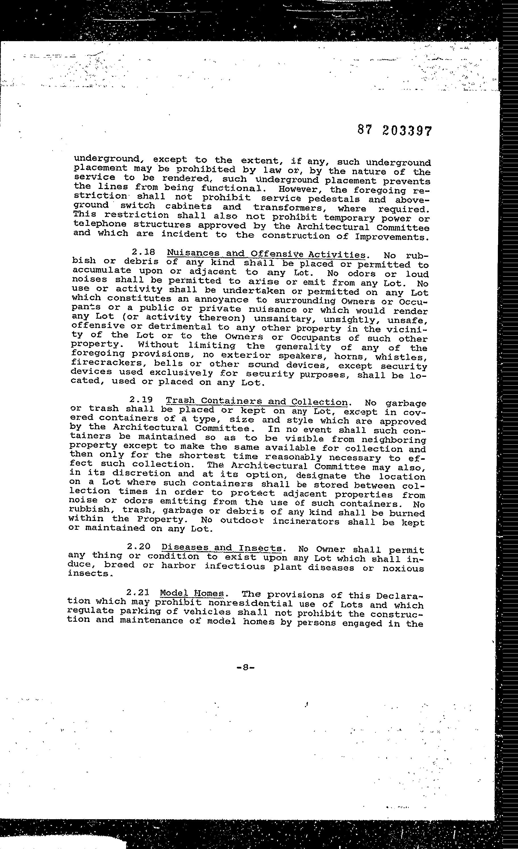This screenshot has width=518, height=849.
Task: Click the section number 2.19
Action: click(x=141, y=400)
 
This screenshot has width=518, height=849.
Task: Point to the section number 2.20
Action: click(x=138, y=547)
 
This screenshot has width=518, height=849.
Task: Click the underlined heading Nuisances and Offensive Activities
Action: click(x=266, y=254)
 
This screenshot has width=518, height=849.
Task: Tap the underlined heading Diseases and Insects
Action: click(x=222, y=548)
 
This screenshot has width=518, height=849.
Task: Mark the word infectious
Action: click(x=235, y=566)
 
